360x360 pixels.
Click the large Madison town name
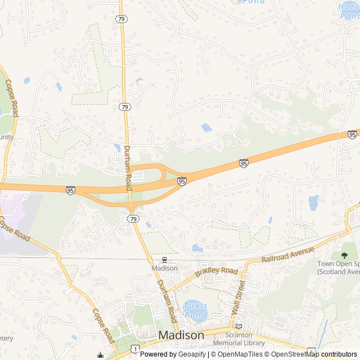pyautogui.click(x=181, y=335)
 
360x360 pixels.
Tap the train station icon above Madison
pyautogui.click(x=165, y=260)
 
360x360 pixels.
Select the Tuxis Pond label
pyautogui.click(x=195, y=310)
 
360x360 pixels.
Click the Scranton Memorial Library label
pyautogui.click(x=238, y=339)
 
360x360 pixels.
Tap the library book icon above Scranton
pyautogui.click(x=238, y=326)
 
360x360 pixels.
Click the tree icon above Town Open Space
pyautogui.click(x=344, y=255)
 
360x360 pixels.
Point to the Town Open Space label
pyautogui.click(x=338, y=268)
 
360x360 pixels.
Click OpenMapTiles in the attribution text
pyautogui.click(x=241, y=354)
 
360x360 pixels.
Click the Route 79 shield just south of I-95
pyautogui.click(x=133, y=218)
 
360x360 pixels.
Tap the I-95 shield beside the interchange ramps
pyautogui.click(x=182, y=181)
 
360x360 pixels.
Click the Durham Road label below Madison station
pyautogui.click(x=166, y=298)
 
